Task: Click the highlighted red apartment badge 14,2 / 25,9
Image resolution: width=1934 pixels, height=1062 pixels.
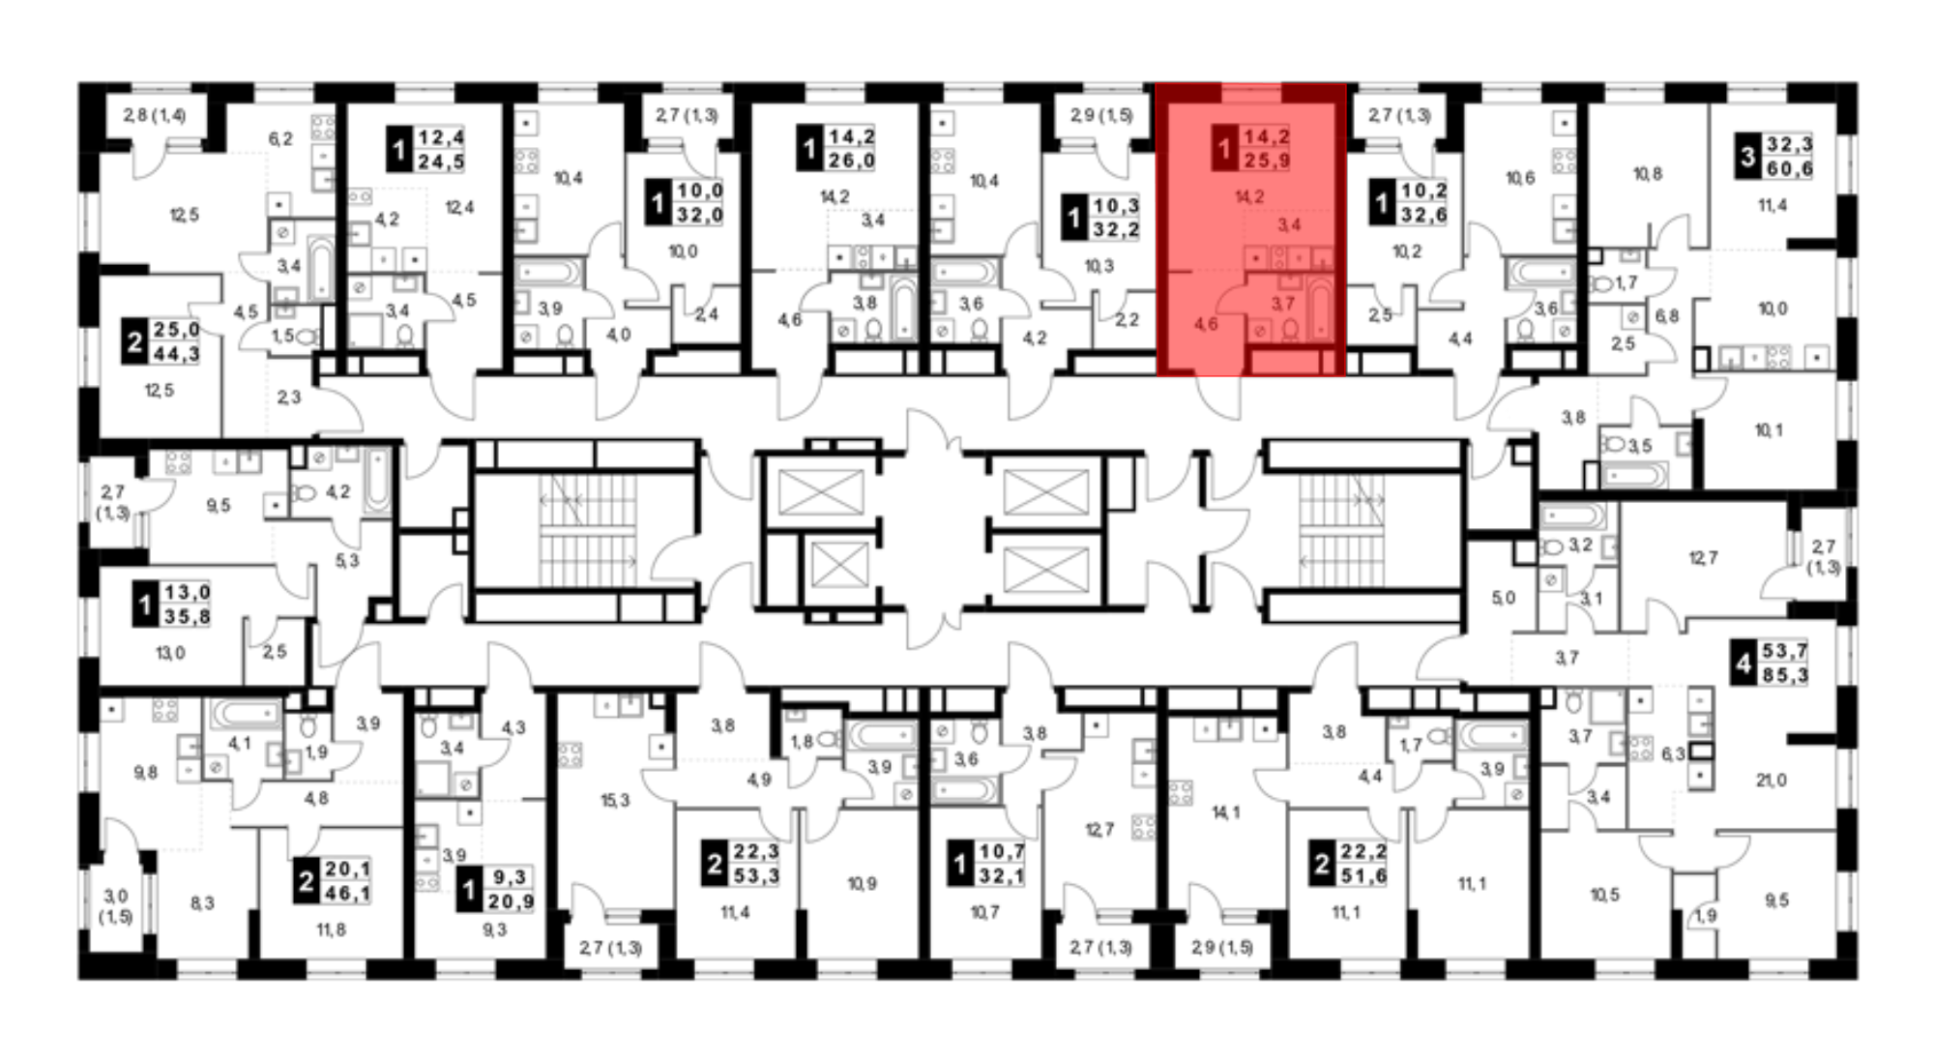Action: click(1252, 149)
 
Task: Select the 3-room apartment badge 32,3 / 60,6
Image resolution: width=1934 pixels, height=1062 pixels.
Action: click(1775, 157)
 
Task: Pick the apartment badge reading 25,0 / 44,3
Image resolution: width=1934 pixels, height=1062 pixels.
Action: click(161, 342)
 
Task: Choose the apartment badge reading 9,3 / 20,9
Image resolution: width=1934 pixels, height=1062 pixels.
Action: click(496, 890)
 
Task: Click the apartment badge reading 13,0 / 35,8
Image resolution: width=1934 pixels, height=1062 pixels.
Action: click(173, 605)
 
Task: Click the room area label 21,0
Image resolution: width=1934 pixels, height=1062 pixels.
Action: click(1771, 781)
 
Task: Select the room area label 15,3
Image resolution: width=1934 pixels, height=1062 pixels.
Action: click(615, 800)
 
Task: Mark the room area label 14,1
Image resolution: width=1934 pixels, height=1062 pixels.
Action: click(1226, 812)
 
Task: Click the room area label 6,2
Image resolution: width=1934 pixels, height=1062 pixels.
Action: click(280, 139)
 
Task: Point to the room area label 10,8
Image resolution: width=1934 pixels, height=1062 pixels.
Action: click(1648, 174)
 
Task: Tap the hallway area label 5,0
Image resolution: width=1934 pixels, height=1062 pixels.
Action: click(1503, 598)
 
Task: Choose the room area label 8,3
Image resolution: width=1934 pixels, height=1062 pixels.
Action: click(202, 903)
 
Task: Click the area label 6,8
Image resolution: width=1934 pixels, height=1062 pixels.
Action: click(1666, 315)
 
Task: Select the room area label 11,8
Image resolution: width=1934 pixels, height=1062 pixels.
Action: click(331, 929)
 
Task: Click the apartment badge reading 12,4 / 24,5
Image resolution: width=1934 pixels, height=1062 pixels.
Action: click(426, 150)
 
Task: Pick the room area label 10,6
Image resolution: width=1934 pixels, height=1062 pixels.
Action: click(1520, 178)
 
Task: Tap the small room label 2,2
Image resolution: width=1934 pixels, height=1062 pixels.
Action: click(1127, 319)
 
